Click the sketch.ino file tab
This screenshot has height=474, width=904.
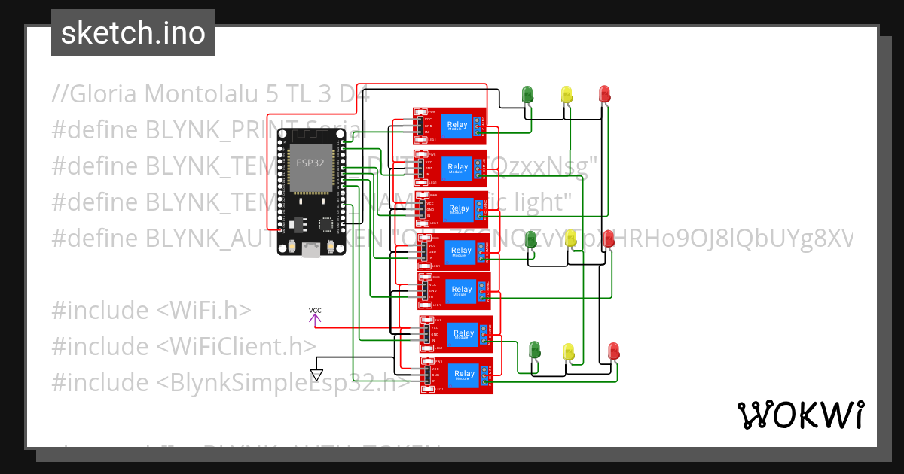click(133, 33)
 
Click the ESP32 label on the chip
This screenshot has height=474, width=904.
click(305, 163)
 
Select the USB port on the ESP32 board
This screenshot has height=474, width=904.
click(310, 250)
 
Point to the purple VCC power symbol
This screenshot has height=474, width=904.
click(315, 316)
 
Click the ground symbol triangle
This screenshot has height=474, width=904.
click(316, 374)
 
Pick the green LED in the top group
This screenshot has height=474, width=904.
click(528, 94)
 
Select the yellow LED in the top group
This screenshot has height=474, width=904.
click(567, 94)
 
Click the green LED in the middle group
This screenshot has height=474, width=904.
click(531, 240)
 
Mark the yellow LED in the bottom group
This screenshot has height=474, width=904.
click(570, 351)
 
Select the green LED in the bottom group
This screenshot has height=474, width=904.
click(535, 350)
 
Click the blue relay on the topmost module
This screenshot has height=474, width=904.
click(457, 125)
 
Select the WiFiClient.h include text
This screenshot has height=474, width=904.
click(237, 346)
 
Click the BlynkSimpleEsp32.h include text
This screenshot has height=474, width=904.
click(282, 382)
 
